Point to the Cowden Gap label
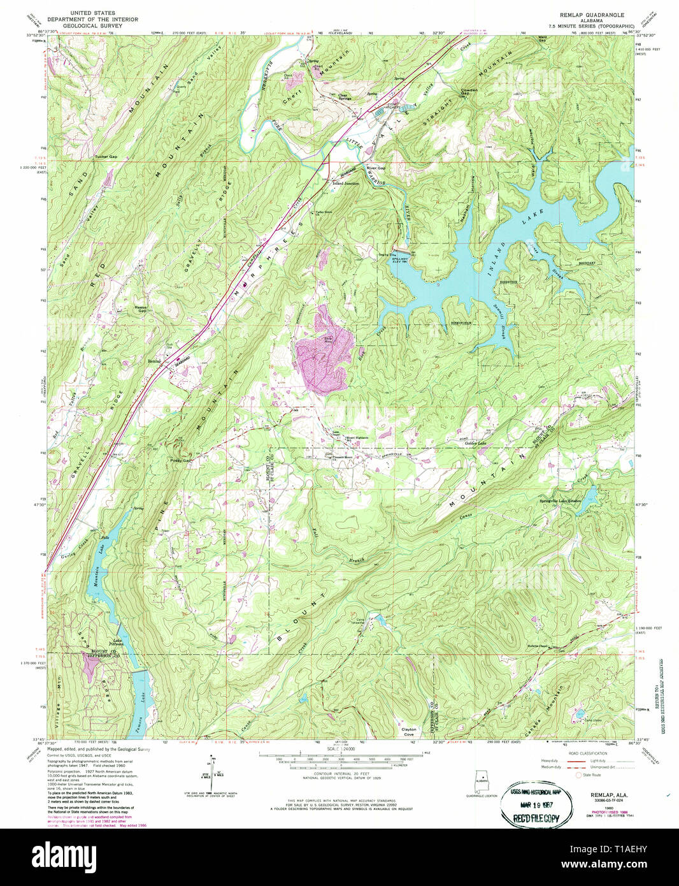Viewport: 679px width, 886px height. tap(469, 91)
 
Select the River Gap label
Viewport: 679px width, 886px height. tap(376, 168)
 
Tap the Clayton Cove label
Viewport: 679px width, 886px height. tap(408, 732)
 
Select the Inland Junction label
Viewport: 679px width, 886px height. tap(346, 183)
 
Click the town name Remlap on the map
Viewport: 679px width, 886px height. tap(154, 361)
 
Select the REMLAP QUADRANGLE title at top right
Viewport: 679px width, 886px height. tap(592, 14)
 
